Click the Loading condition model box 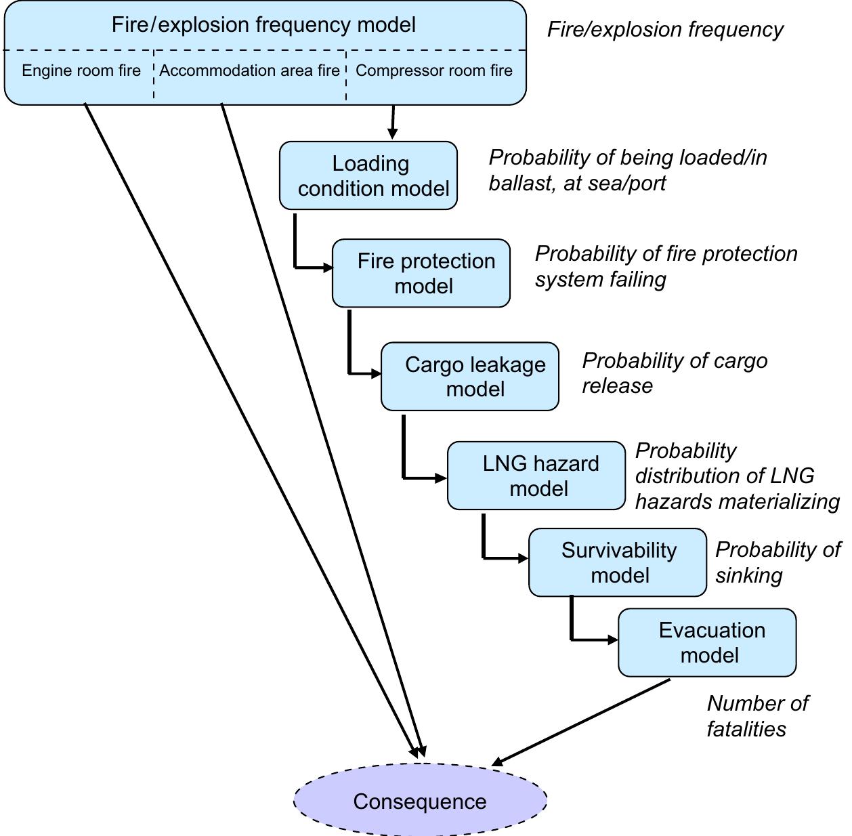click(368, 175)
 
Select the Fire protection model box click(421, 273)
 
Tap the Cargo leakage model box click(470, 377)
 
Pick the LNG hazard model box click(536, 476)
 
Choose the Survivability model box click(618, 562)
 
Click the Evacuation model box click(707, 642)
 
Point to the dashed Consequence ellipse click(420, 801)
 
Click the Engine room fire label click(81, 70)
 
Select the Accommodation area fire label click(249, 70)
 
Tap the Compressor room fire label click(434, 70)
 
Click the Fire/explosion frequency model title click(263, 25)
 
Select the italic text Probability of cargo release click(675, 373)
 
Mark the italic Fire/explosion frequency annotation click(664, 30)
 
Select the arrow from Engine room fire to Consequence click(247, 427)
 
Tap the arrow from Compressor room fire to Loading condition click(393, 122)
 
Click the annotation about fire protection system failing click(666, 266)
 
